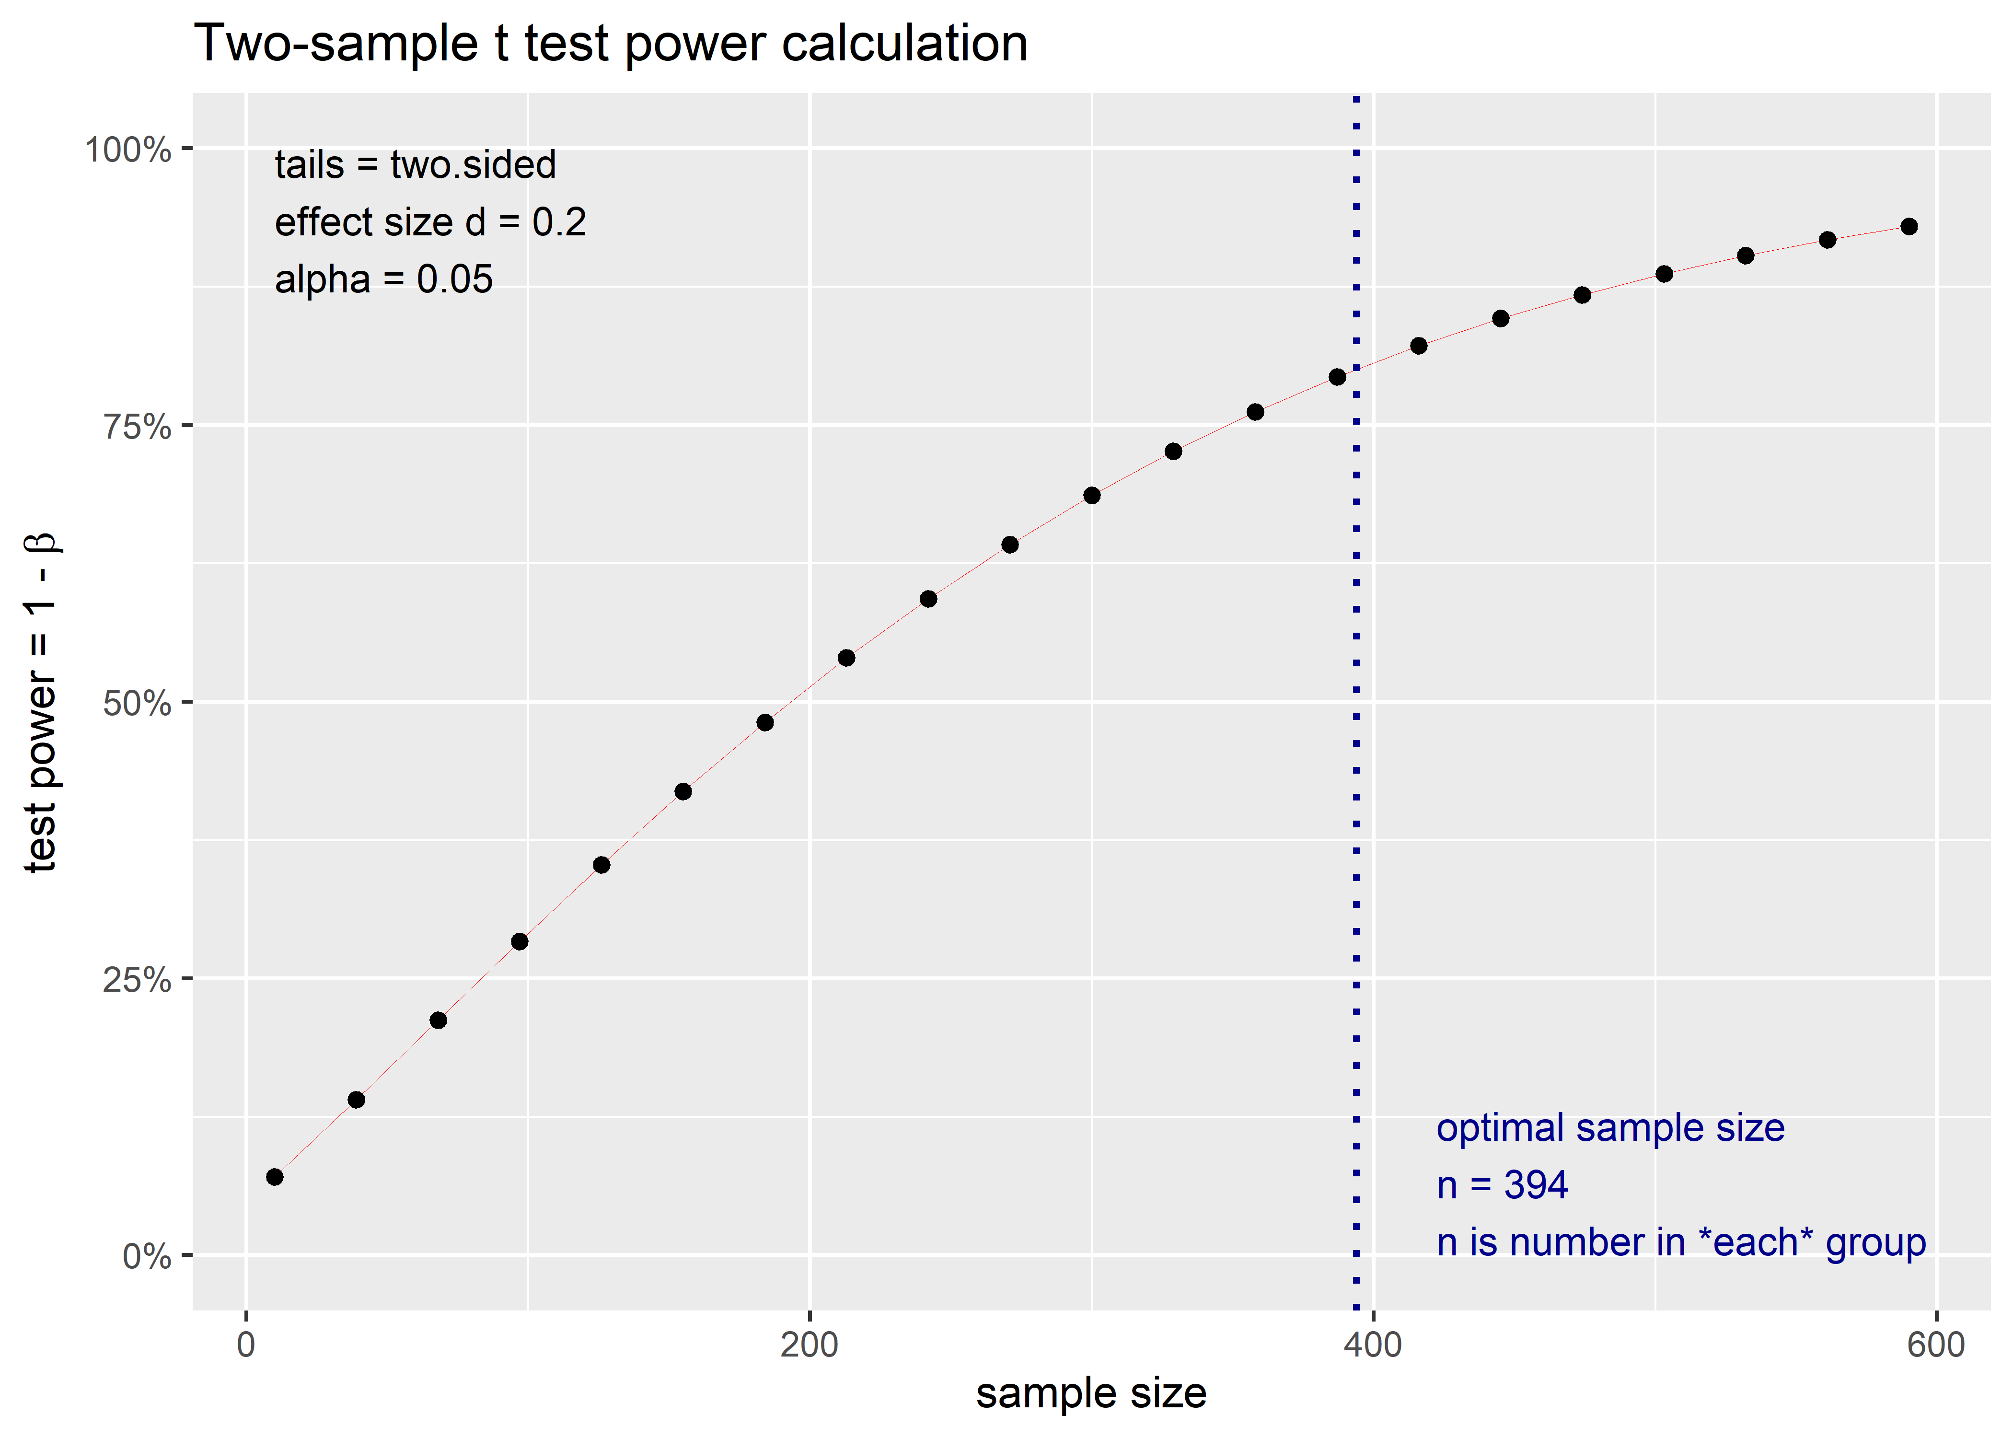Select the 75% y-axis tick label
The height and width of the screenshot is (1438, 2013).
click(x=136, y=427)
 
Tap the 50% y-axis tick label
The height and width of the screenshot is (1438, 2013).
click(x=136, y=704)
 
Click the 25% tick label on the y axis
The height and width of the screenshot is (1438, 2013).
click(x=136, y=980)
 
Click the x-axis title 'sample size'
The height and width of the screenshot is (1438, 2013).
click(x=1090, y=1394)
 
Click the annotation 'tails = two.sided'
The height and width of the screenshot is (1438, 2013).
click(x=415, y=165)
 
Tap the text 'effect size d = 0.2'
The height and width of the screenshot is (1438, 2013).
click(x=430, y=222)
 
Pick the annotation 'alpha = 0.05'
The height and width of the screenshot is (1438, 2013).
click(x=383, y=280)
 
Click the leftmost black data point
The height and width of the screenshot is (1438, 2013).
click(x=275, y=1177)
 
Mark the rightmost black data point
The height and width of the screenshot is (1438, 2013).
click(x=1909, y=227)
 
